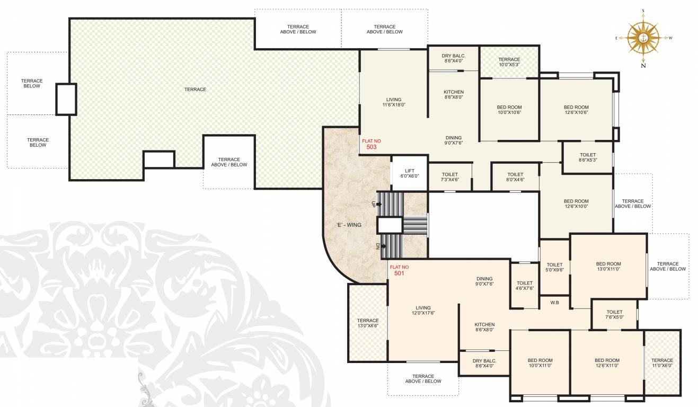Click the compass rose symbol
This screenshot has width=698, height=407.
pyautogui.click(x=642, y=38)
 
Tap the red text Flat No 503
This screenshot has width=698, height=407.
pyautogui.click(x=371, y=144)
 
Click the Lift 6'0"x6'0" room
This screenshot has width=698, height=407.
pyautogui.click(x=409, y=172)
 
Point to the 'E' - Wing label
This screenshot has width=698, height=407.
pyautogui.click(x=348, y=225)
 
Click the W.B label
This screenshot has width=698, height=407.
pyautogui.click(x=555, y=303)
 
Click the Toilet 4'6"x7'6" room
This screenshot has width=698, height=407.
pyautogui.click(x=524, y=286)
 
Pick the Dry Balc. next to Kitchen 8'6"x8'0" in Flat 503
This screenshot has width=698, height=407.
pyautogui.click(x=454, y=58)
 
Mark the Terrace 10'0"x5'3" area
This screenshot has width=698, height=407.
pyautogui.click(x=509, y=62)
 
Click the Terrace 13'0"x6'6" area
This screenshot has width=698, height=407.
pyautogui.click(x=367, y=323)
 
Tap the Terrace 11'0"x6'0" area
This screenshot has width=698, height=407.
pyautogui.click(x=662, y=362)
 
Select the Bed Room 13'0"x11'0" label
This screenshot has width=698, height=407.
pyautogui.click(x=608, y=267)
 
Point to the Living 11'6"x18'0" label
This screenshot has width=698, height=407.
pyautogui.click(x=394, y=102)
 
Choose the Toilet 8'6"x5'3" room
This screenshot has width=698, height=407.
pyautogui.click(x=587, y=157)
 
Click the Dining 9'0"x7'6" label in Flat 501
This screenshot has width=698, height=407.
pyautogui.click(x=484, y=281)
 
